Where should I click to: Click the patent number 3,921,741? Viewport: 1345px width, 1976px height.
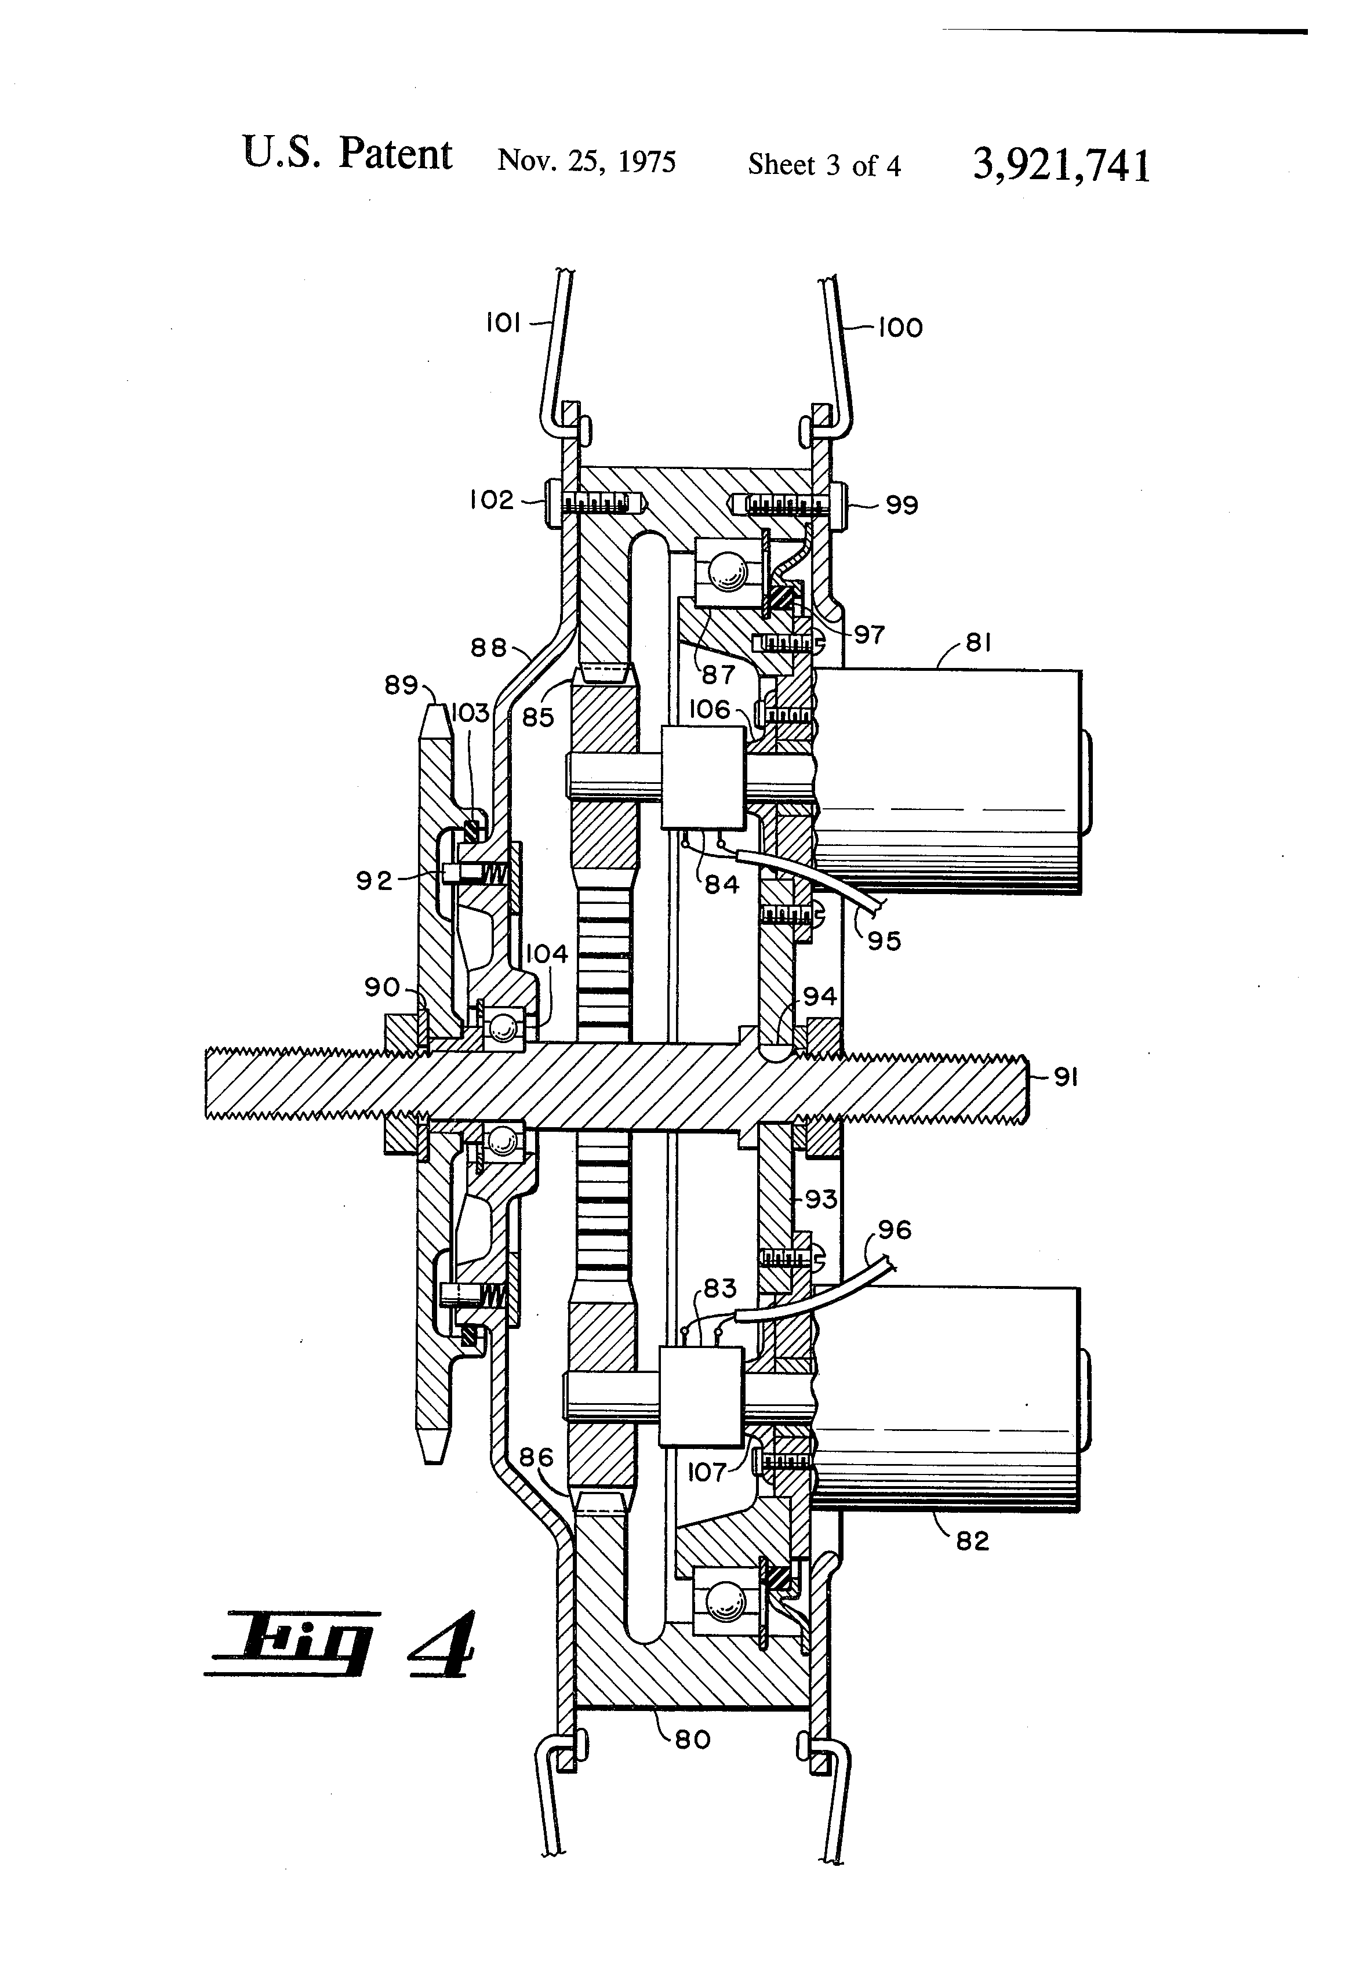pyautogui.click(x=1061, y=165)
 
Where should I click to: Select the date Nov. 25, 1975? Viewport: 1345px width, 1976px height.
pyautogui.click(x=587, y=161)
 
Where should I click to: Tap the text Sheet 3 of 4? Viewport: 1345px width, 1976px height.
pyautogui.click(x=824, y=165)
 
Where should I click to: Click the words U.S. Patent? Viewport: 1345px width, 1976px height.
pyautogui.click(x=347, y=154)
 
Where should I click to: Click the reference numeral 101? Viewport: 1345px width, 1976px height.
pyautogui.click(x=503, y=323)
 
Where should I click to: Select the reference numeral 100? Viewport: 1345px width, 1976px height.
pyautogui.click(x=900, y=328)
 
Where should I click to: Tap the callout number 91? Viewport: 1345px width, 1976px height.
pyautogui.click(x=1066, y=1077)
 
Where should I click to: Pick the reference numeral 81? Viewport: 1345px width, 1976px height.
pyautogui.click(x=979, y=643)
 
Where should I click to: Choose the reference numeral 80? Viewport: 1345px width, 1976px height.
pyautogui.click(x=693, y=1739)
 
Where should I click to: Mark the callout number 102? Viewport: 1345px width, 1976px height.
pyautogui.click(x=492, y=500)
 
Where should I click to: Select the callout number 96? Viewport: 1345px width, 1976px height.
pyautogui.click(x=895, y=1229)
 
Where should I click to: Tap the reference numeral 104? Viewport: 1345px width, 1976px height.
pyautogui.click(x=546, y=954)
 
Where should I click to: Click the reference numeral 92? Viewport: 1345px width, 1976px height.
pyautogui.click(x=374, y=880)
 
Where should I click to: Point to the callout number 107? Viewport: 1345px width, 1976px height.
pyautogui.click(x=707, y=1472)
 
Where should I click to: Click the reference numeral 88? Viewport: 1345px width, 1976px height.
pyautogui.click(x=489, y=648)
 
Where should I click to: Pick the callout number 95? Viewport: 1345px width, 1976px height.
pyautogui.click(x=884, y=940)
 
